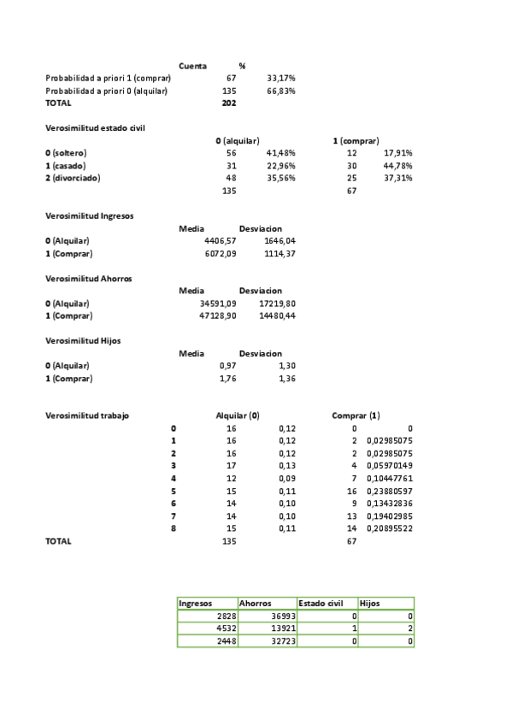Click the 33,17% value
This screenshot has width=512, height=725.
pyautogui.click(x=281, y=78)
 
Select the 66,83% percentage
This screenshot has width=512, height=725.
pyautogui.click(x=281, y=90)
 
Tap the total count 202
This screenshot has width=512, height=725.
pyautogui.click(x=228, y=103)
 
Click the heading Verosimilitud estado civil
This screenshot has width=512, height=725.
pyautogui.click(x=95, y=127)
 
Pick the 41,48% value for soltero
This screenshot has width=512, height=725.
pyautogui.click(x=281, y=153)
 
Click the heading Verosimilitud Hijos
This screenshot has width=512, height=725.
pyautogui.click(x=83, y=340)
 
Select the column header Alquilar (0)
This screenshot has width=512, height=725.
pyautogui.click(x=238, y=416)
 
